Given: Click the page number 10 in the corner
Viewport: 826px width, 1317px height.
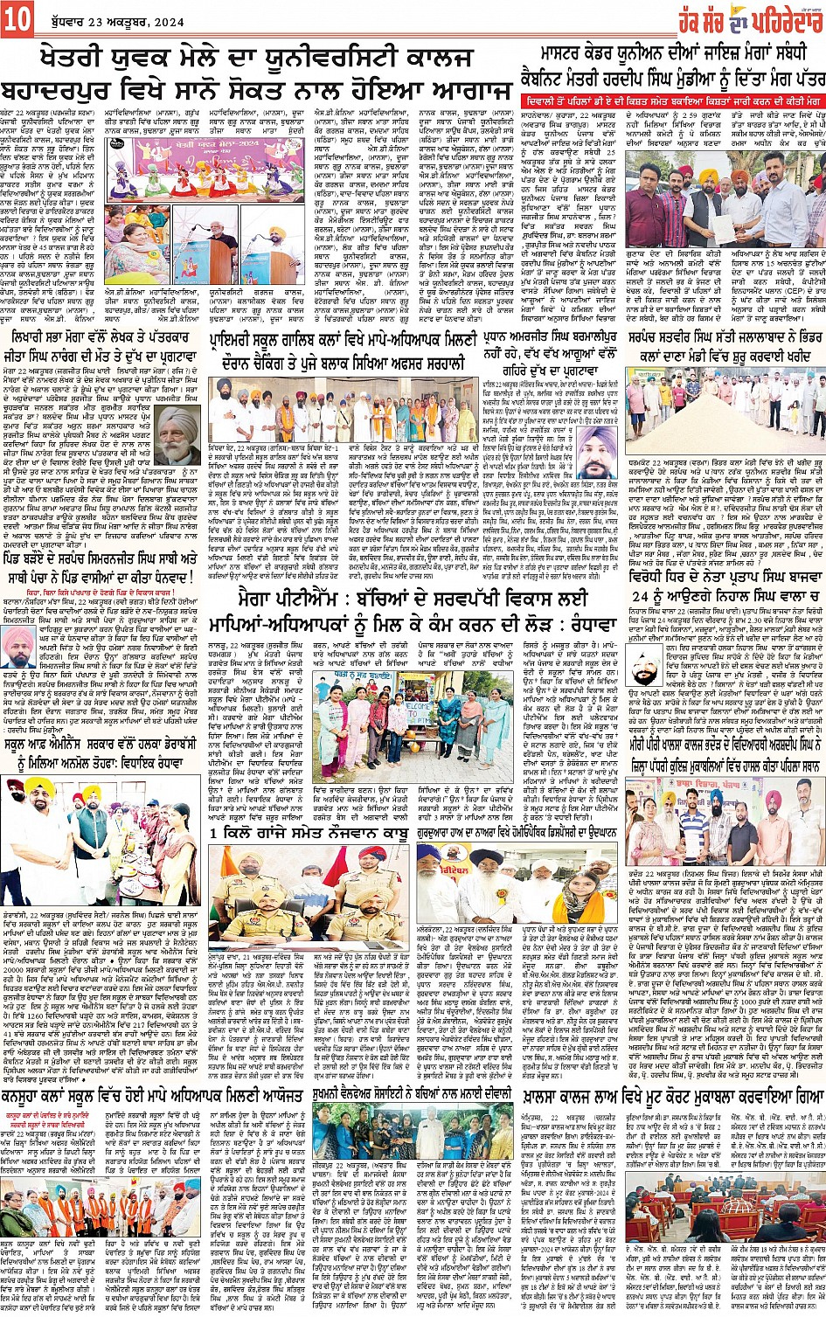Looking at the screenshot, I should [x=17, y=18].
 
